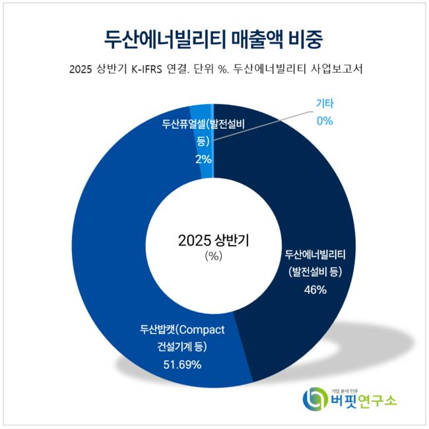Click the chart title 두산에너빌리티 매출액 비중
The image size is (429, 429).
(x=214, y=38)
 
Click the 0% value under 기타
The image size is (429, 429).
(x=324, y=121)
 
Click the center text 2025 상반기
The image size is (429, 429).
(x=213, y=240)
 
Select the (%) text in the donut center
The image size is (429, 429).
(x=213, y=256)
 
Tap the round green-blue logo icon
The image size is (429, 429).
(x=313, y=398)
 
